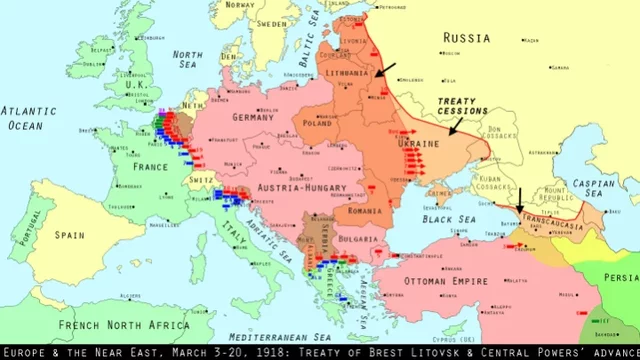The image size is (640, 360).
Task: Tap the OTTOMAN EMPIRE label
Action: tap(446, 281)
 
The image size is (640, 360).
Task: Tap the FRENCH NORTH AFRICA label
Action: tap(110, 325)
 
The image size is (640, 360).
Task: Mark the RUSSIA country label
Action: tap(467, 38)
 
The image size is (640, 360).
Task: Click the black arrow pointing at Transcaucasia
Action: tap(518, 199)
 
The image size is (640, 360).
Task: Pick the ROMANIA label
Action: tap(364, 211)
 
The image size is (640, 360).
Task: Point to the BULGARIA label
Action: tap(356, 240)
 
